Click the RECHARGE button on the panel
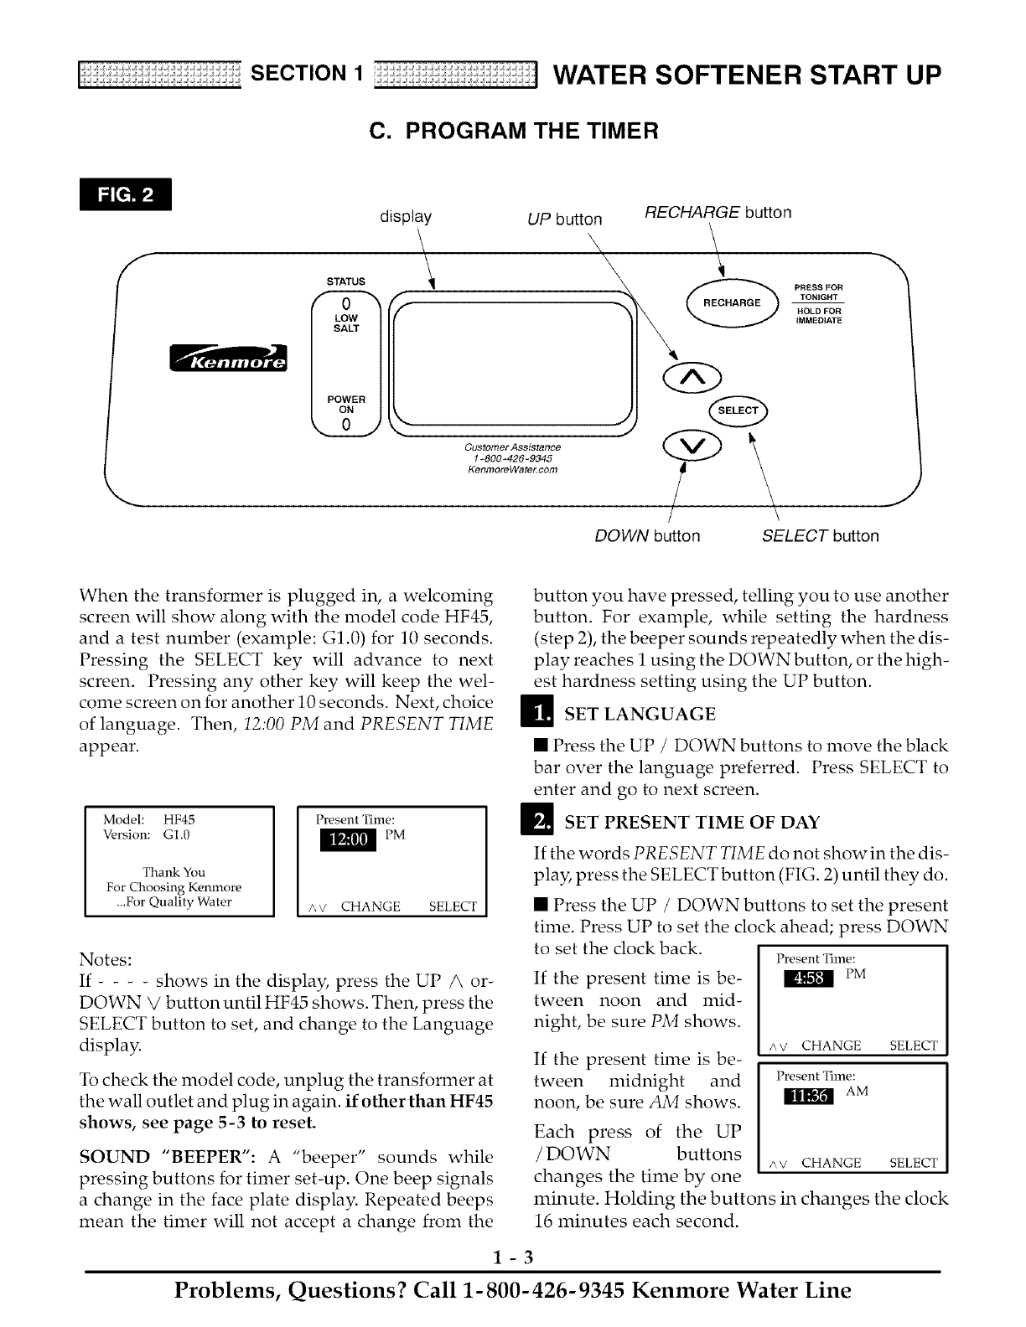click(x=732, y=302)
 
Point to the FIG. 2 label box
click(x=124, y=195)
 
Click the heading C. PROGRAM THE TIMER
click(x=514, y=131)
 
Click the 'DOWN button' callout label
click(x=647, y=536)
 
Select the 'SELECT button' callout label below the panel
click(x=820, y=536)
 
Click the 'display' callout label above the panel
click(x=406, y=216)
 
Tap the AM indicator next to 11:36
click(x=857, y=1092)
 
